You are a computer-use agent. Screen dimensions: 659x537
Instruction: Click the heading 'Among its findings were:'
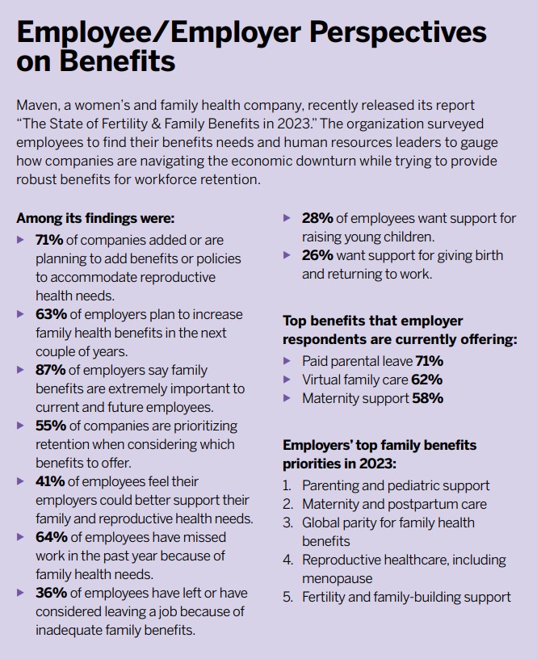[x=95, y=218]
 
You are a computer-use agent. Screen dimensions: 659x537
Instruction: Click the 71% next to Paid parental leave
[x=429, y=361]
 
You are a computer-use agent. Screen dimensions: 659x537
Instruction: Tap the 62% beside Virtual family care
[x=427, y=380]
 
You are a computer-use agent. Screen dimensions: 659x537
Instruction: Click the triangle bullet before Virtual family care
[x=287, y=380]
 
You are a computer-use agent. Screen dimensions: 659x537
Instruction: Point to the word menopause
[x=337, y=578]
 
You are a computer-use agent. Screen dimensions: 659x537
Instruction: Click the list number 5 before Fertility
[x=287, y=597]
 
